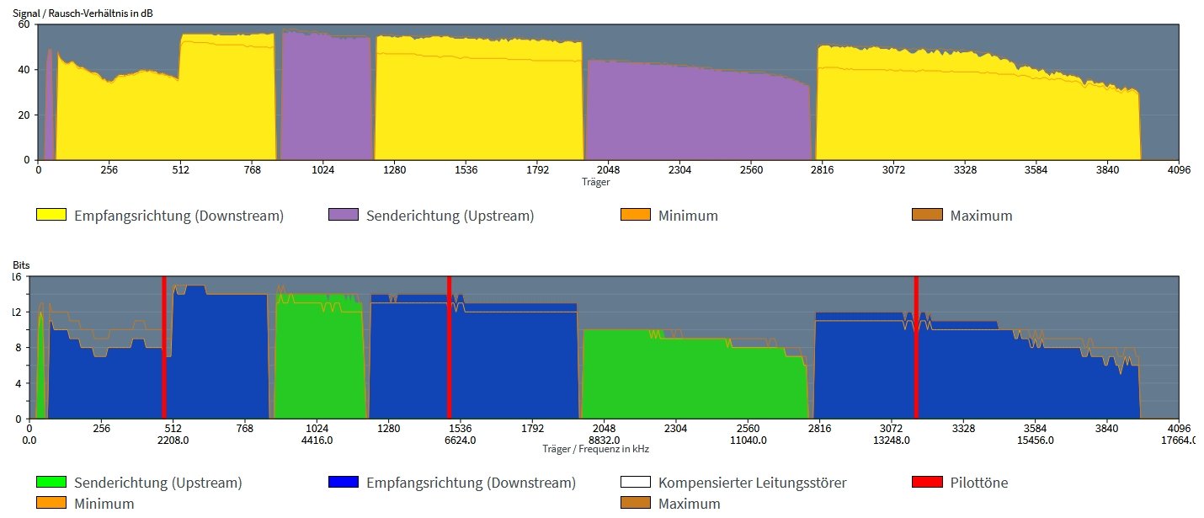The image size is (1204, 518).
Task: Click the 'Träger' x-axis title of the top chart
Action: (595, 181)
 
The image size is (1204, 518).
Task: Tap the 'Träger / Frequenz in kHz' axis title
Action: (595, 449)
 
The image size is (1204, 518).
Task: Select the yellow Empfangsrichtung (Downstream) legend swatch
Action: (51, 215)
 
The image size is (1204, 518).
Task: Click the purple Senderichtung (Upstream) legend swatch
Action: (343, 215)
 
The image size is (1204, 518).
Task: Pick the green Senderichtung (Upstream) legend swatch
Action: (51, 483)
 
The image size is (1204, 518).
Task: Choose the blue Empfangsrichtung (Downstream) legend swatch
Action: (343, 483)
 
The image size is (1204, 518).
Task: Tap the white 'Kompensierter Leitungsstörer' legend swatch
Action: (635, 483)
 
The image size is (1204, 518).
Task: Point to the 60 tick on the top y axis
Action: (24, 24)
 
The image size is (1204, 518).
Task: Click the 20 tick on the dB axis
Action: (24, 115)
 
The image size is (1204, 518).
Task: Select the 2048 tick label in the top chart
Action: (608, 170)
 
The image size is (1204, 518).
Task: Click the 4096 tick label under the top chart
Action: (1178, 170)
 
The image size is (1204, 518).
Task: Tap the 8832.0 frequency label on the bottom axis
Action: (605, 440)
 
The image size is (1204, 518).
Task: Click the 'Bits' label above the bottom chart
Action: (21, 264)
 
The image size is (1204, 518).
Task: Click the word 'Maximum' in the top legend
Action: (981, 216)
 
